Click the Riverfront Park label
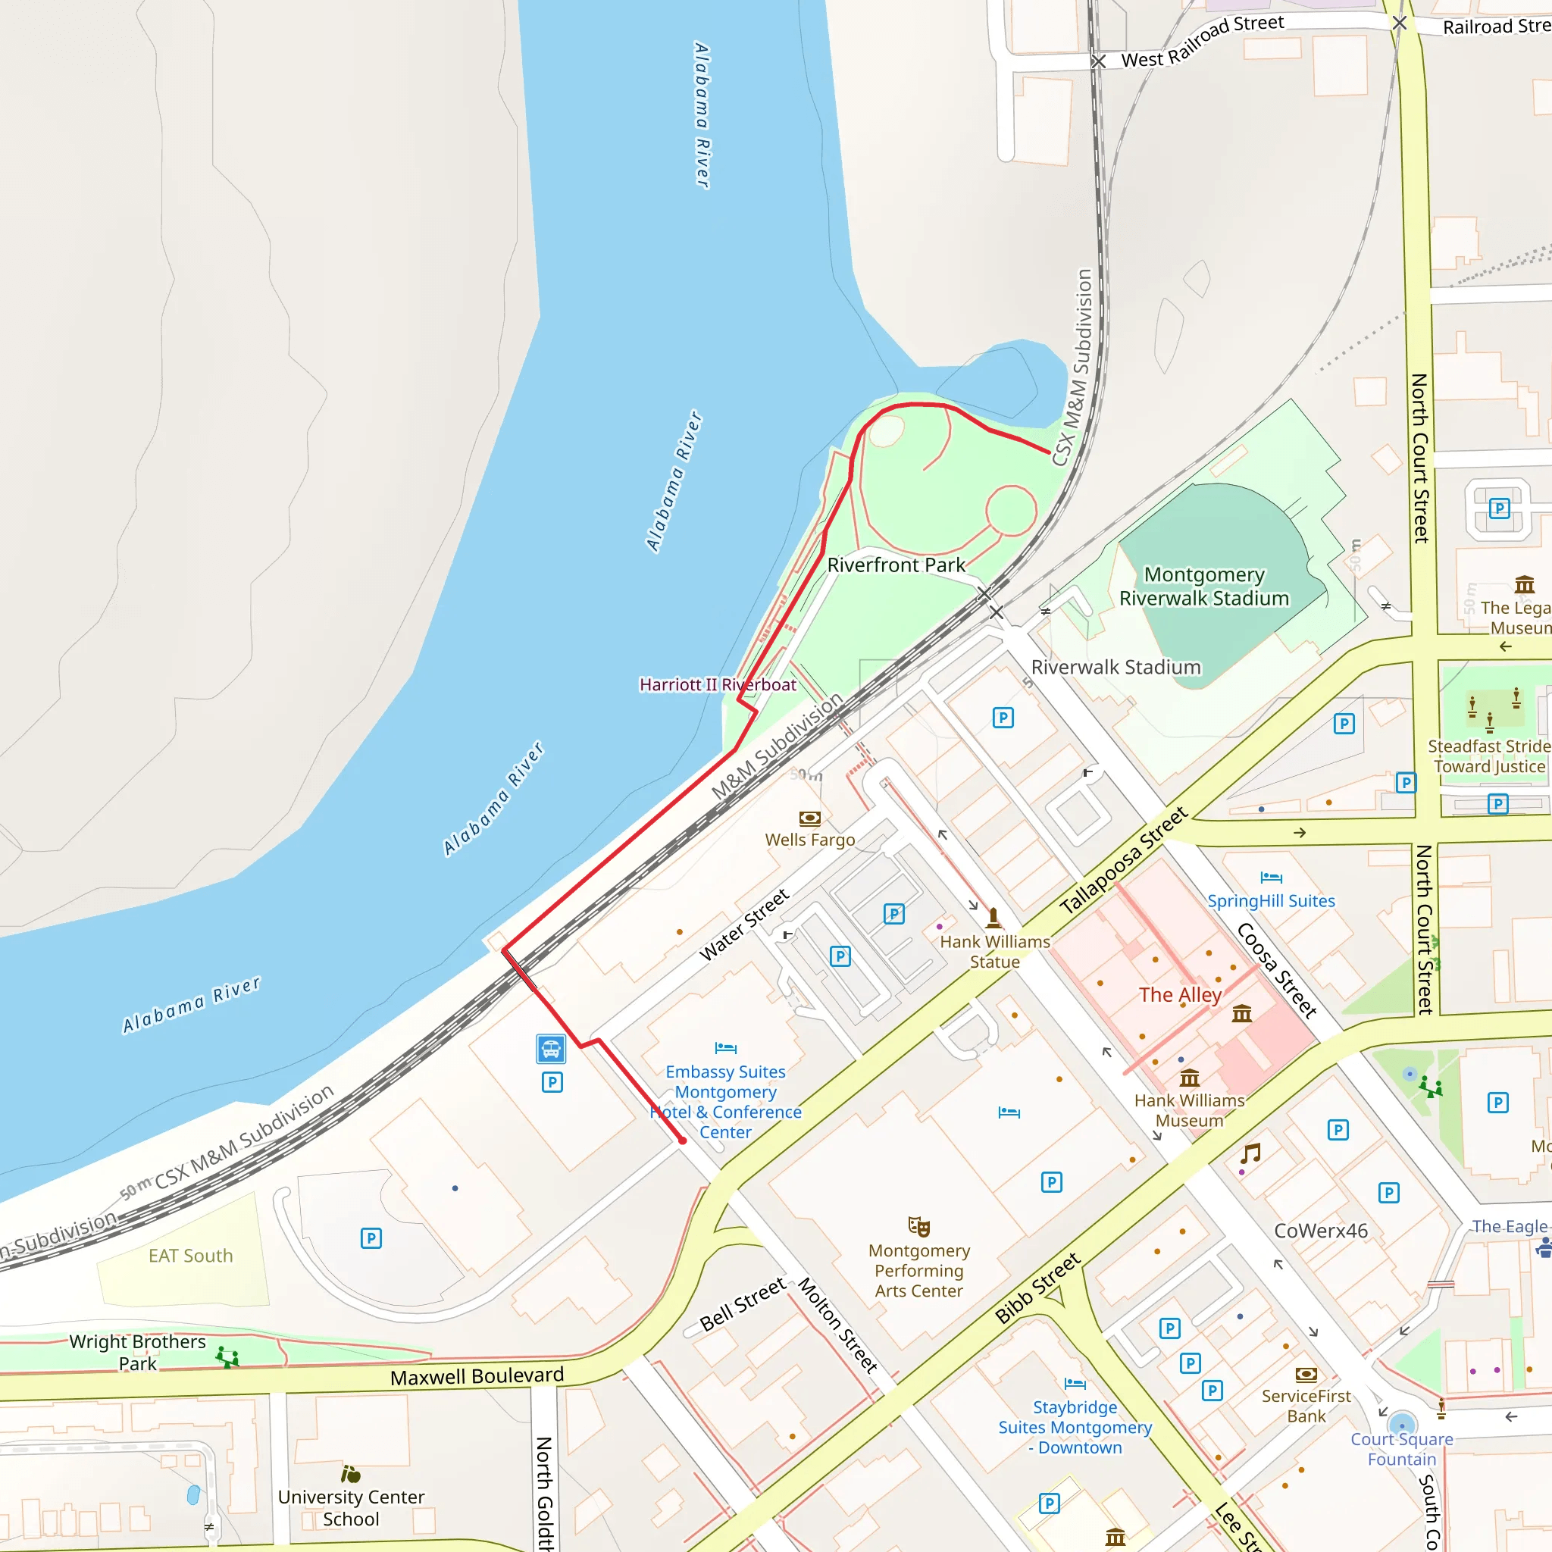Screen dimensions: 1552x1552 coord(896,565)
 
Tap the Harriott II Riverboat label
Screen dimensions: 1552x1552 coord(718,684)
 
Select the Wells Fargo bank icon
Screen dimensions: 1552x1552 coord(810,818)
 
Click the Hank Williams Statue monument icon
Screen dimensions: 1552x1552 coord(993,917)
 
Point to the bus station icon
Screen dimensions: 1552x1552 coord(551,1048)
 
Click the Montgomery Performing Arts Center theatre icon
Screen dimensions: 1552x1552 coord(918,1227)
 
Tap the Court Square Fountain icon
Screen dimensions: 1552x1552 coord(1402,1422)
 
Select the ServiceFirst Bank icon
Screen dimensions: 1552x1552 coord(1306,1375)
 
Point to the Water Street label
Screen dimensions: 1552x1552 coord(744,925)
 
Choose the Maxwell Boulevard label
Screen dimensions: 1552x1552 coord(477,1376)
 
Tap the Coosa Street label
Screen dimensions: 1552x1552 coord(1276,971)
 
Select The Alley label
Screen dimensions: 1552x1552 coord(1179,994)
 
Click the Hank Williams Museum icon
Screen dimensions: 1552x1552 coord(1190,1078)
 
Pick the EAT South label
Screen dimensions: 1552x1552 coord(190,1256)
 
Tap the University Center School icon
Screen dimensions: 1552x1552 coord(351,1474)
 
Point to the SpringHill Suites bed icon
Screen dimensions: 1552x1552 coord(1271,878)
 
